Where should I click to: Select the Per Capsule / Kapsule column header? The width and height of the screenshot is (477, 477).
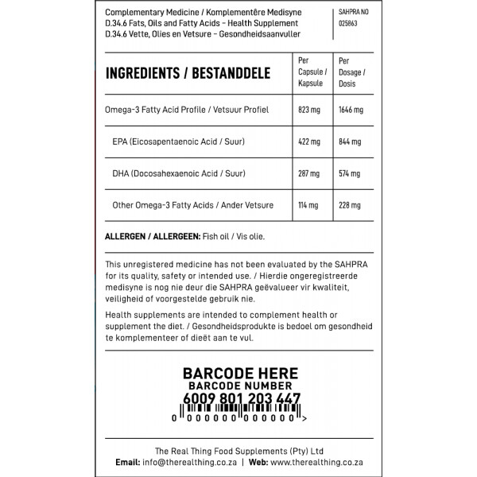click(x=310, y=72)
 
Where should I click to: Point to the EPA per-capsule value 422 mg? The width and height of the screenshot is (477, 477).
click(x=308, y=142)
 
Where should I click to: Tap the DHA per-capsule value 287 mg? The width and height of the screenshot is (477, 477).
click(x=308, y=173)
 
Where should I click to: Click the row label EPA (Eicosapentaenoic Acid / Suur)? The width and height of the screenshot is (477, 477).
click(x=179, y=142)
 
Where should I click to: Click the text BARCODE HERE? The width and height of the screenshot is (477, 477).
click(x=240, y=373)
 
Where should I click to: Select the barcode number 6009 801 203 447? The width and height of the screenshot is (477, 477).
click(x=241, y=399)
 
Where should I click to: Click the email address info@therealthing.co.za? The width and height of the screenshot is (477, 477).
click(x=190, y=462)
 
